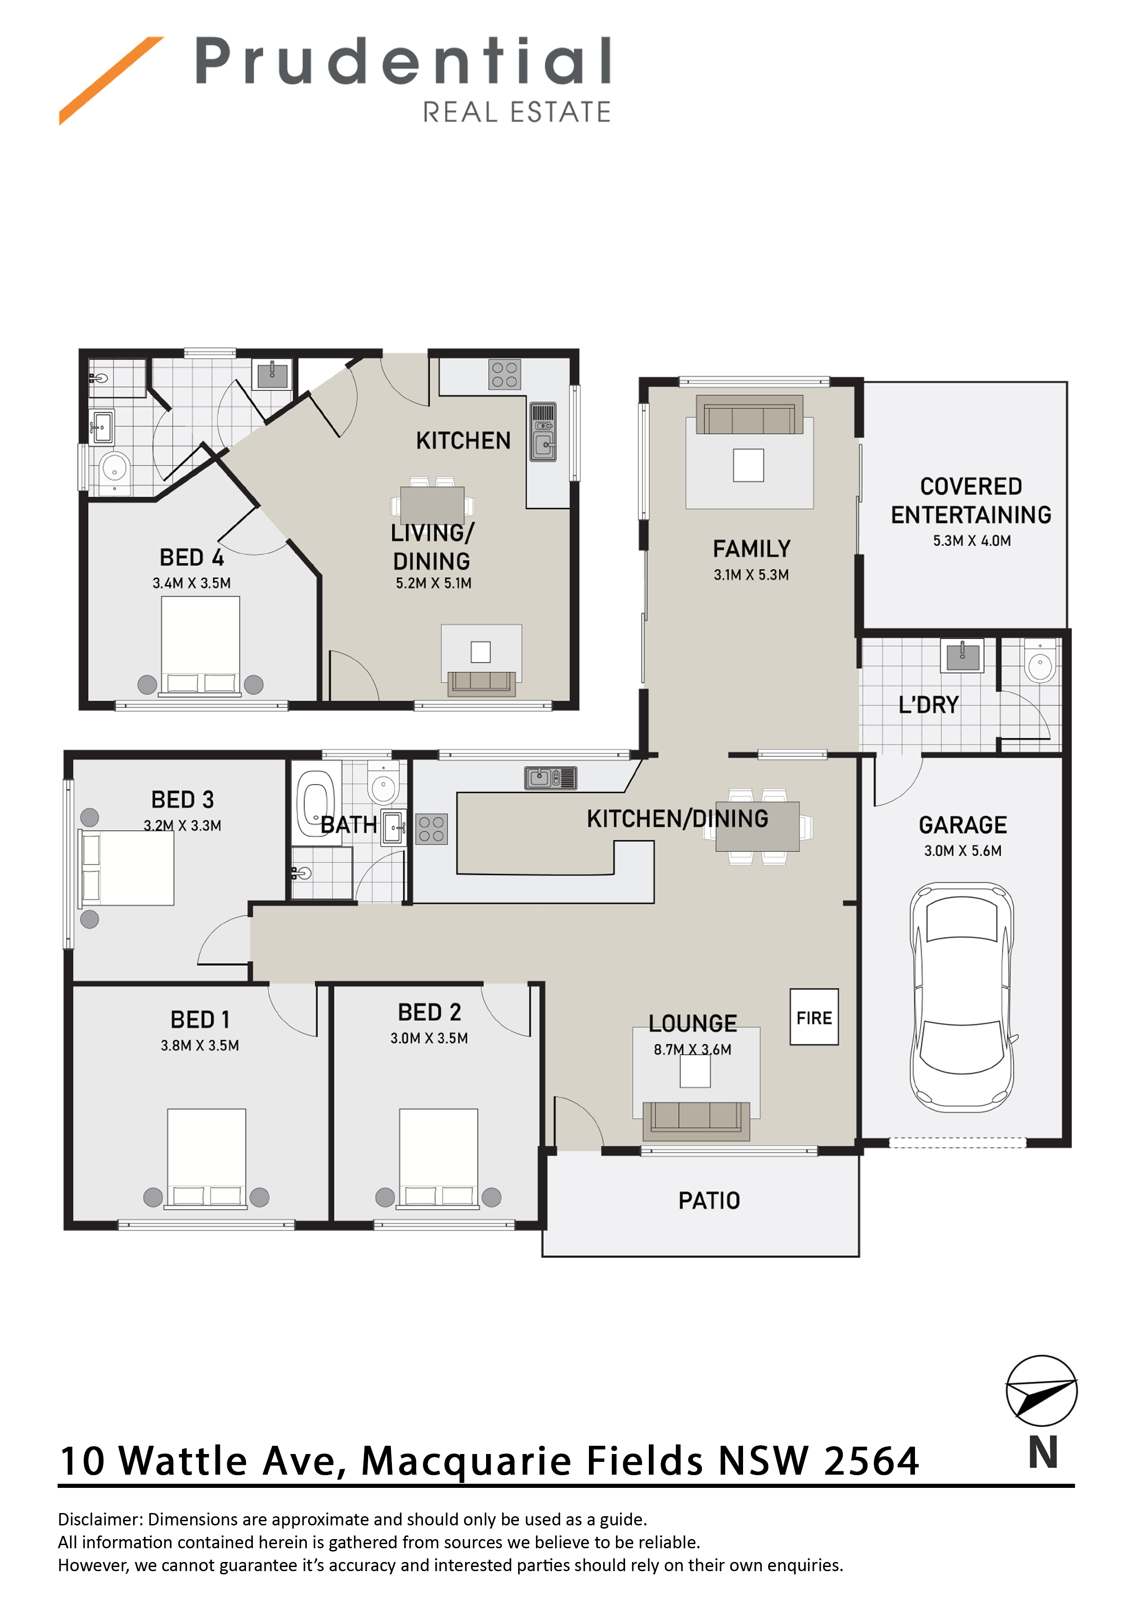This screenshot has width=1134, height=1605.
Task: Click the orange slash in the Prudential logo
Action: point(111,81)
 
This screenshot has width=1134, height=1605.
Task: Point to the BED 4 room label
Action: point(192,557)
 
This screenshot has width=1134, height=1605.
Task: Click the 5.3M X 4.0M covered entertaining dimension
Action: point(971,540)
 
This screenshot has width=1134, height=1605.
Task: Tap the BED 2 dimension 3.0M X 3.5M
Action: point(429,1038)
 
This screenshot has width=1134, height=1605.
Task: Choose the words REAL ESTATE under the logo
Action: point(517,112)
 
